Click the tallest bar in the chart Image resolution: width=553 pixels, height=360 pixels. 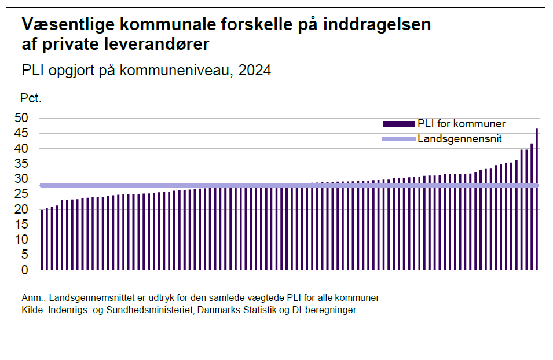coord(537,199)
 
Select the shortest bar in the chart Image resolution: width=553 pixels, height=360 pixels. coord(42,240)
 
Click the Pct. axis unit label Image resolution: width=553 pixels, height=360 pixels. coord(31,98)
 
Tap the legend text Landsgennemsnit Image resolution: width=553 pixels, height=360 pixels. coord(459,139)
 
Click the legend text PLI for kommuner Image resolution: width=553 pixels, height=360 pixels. coord(462,124)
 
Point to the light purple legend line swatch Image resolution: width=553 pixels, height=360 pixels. coord(398,139)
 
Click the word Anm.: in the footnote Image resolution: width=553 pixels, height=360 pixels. coord(34,297)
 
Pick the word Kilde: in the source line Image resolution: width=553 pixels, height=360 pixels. coord(33,310)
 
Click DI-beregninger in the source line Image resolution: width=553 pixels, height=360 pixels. coord(328,310)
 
